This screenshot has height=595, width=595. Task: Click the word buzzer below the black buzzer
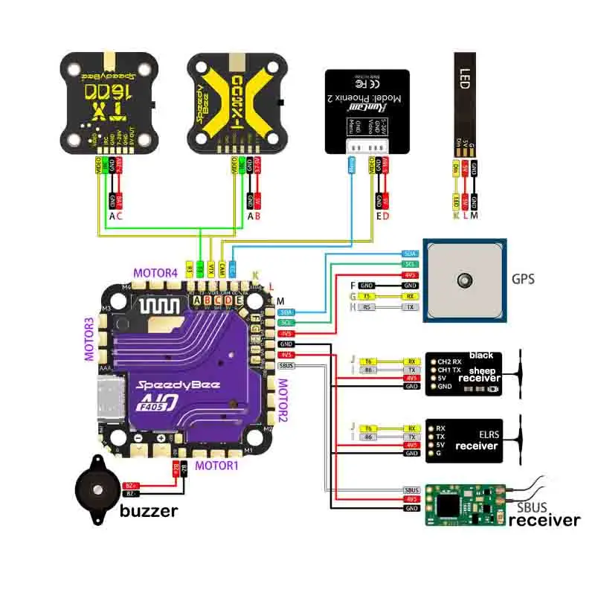pyautogui.click(x=149, y=511)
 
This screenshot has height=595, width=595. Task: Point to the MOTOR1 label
pyautogui.click(x=216, y=466)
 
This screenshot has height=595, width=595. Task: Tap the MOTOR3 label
pyautogui.click(x=90, y=339)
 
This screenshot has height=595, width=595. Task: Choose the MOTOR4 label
pyautogui.click(x=156, y=273)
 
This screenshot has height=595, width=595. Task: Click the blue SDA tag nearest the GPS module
pyautogui.click(x=410, y=254)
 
